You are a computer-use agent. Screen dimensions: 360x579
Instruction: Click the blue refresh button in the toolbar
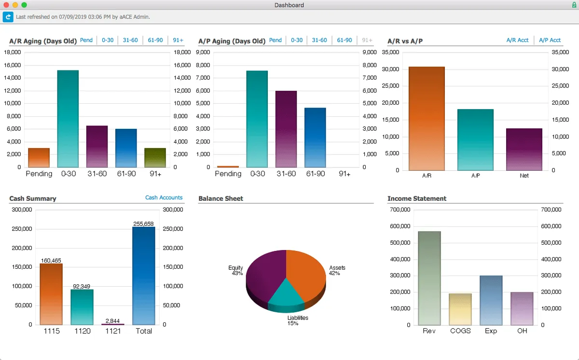(8, 17)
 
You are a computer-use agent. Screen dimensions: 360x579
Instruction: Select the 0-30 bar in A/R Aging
(68, 119)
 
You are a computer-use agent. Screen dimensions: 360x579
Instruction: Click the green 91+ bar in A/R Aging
(155, 158)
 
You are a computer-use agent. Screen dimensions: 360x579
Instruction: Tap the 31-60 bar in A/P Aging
(286, 129)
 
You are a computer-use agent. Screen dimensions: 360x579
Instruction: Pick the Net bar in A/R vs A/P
(524, 149)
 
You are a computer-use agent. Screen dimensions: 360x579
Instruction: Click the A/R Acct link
(517, 41)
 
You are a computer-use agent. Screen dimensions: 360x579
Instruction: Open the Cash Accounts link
(164, 198)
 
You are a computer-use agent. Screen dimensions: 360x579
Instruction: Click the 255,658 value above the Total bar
(144, 224)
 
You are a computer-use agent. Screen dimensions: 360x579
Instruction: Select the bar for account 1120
(82, 307)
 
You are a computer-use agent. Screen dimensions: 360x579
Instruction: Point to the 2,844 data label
(113, 321)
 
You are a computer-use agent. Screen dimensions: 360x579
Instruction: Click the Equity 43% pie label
(236, 271)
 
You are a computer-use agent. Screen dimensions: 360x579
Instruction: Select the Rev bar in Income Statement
(429, 278)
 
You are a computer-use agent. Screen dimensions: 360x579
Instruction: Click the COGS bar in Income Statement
(460, 309)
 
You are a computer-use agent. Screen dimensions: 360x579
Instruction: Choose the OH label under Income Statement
(522, 331)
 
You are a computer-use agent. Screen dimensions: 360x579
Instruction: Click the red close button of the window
(6, 5)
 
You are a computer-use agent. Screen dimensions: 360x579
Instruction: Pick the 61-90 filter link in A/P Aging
(345, 41)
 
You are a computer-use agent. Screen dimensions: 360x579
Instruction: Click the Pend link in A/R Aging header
(86, 41)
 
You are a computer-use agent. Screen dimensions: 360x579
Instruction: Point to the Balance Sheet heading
(221, 199)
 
